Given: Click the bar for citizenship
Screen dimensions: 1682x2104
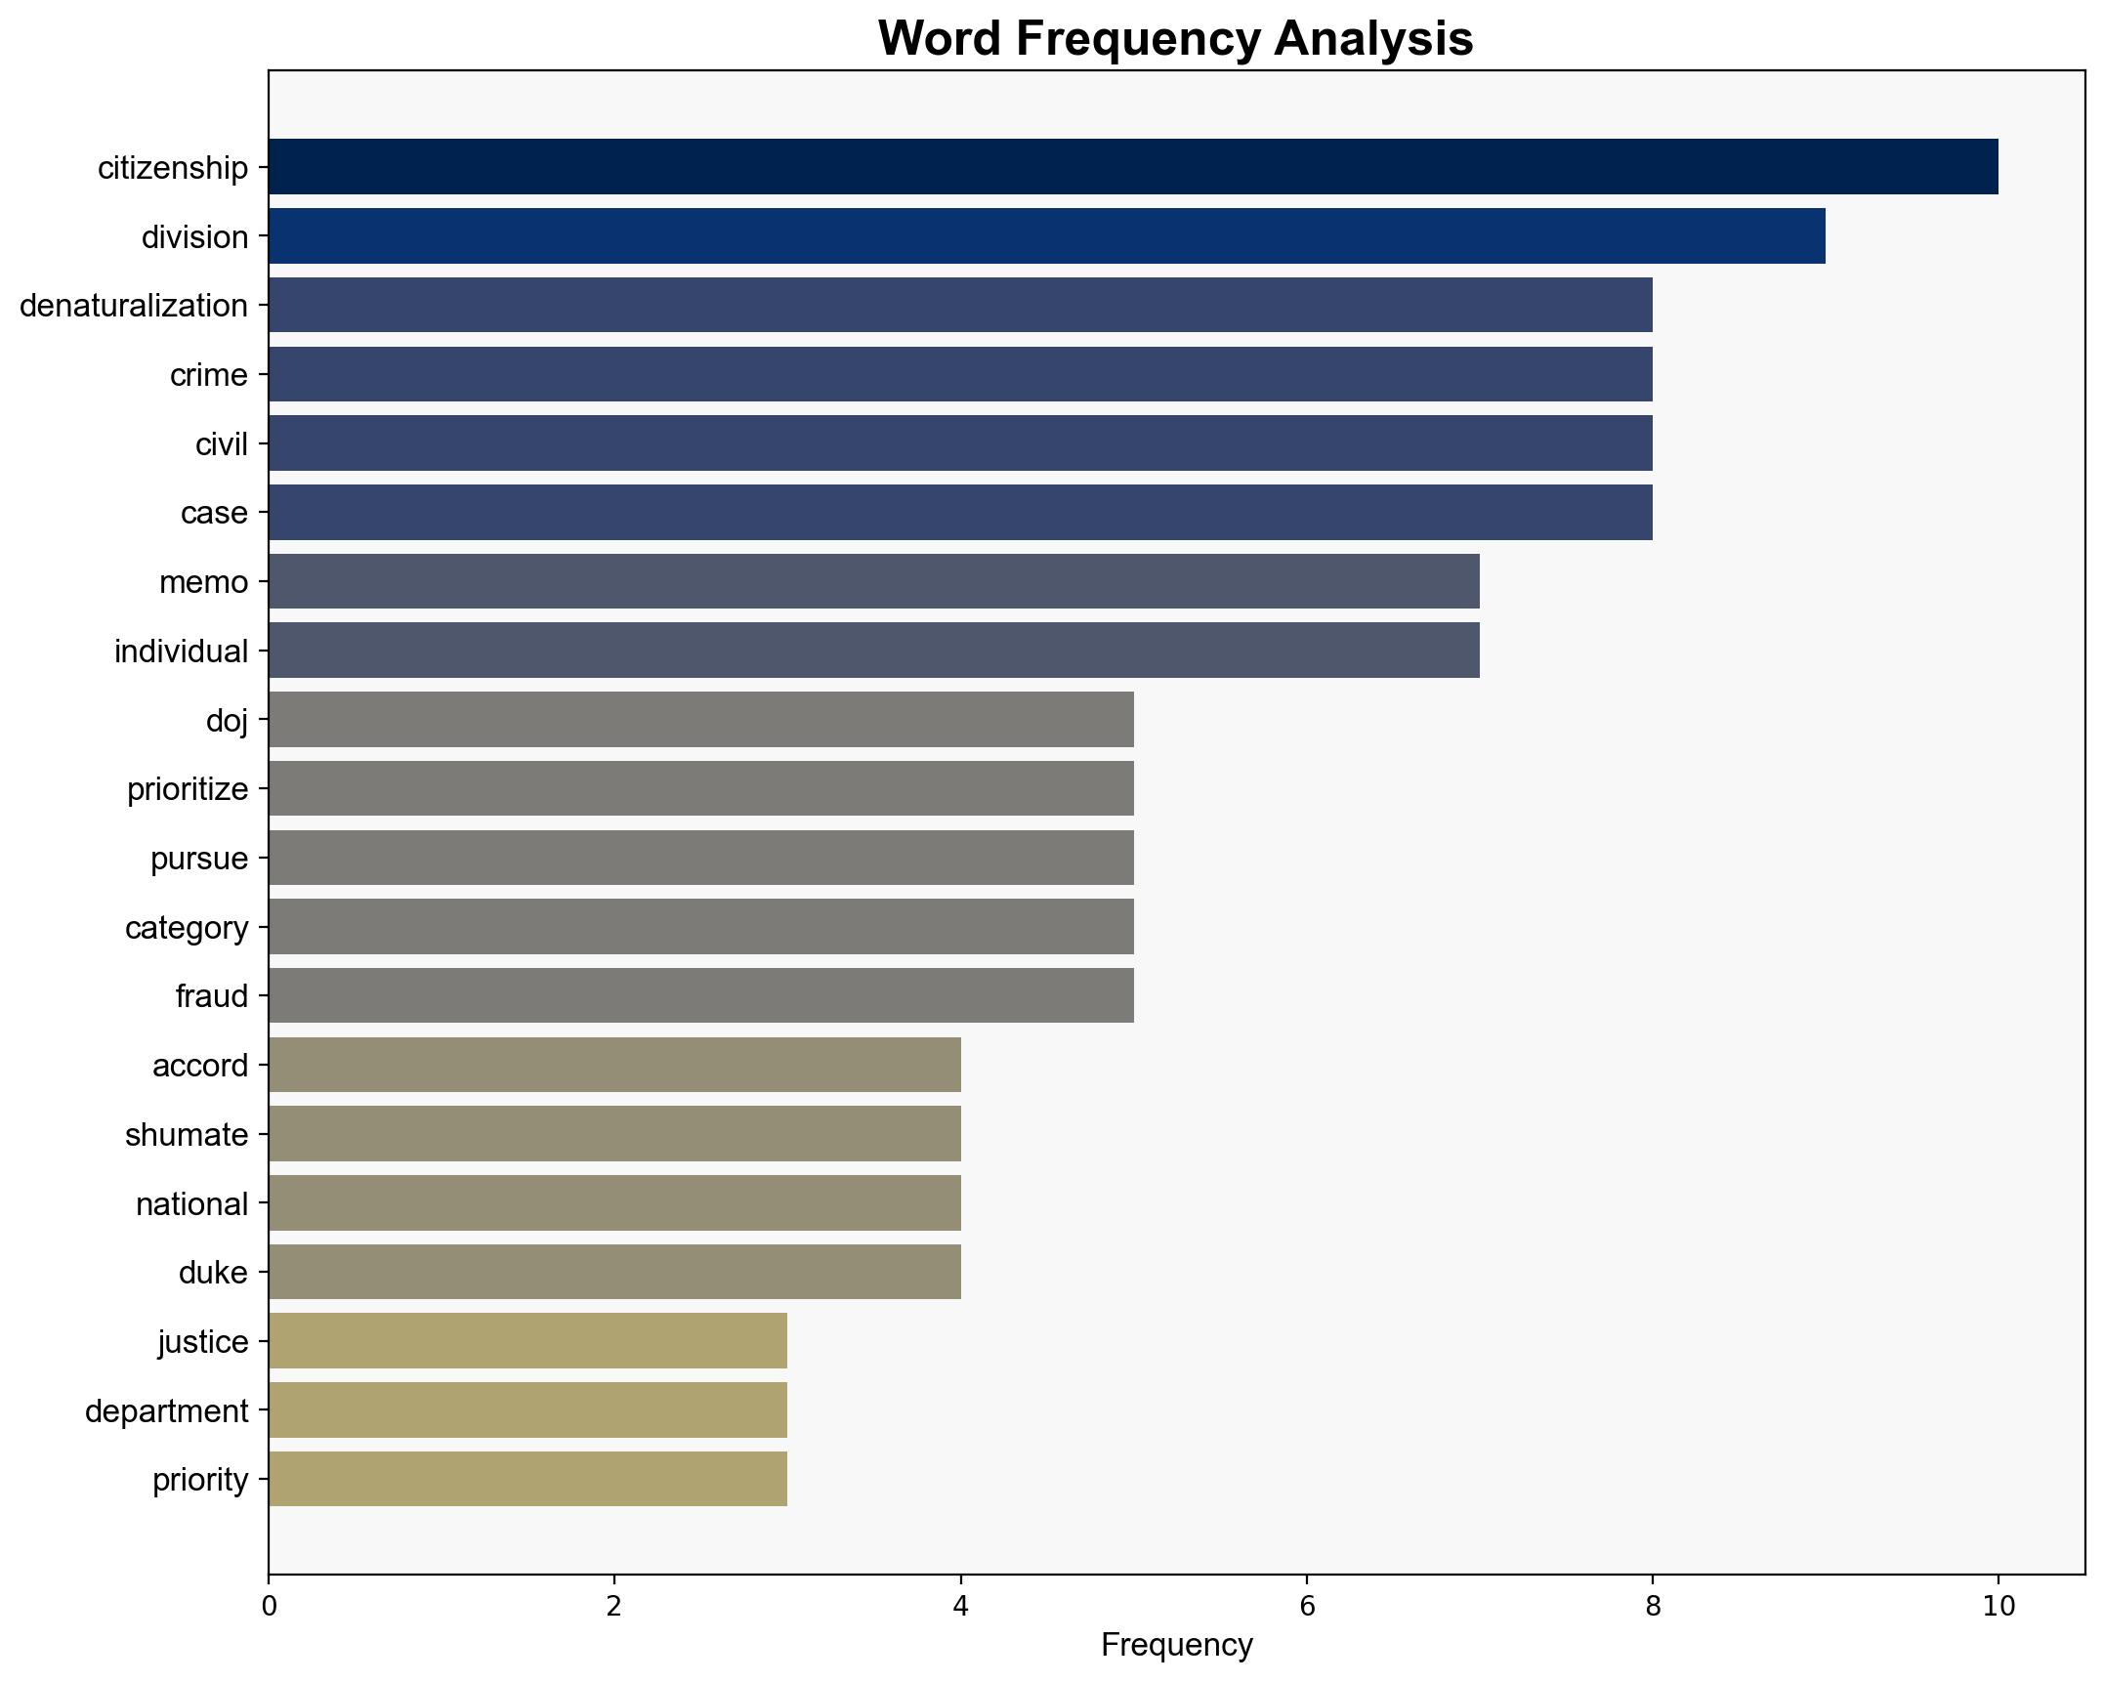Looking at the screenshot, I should [x=1133, y=167].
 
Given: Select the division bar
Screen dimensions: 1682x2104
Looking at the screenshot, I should [x=1046, y=236].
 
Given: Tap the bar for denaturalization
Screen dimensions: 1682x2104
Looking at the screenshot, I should [x=960, y=306].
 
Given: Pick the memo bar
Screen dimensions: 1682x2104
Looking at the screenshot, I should [x=873, y=582].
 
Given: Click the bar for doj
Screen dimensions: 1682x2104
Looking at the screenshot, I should [x=700, y=720].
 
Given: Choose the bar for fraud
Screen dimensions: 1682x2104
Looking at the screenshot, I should [x=700, y=995].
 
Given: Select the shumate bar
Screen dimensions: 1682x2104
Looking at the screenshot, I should [x=614, y=1134].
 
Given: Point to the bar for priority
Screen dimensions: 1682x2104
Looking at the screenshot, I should [x=527, y=1479].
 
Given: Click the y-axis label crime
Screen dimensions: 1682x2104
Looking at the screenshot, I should [x=208, y=375].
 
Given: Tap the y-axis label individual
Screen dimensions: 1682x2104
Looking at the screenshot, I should [x=181, y=652].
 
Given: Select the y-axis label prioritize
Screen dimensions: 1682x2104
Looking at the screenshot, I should [x=188, y=789].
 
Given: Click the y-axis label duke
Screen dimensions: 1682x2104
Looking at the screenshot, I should [x=213, y=1273].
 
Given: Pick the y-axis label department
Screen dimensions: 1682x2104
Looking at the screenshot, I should [x=166, y=1411].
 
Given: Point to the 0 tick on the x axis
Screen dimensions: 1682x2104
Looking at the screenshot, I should [x=269, y=1607].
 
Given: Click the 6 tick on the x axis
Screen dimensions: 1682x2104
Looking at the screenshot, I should [x=1306, y=1607].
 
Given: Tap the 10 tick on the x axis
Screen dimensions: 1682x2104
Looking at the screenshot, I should [x=1999, y=1607].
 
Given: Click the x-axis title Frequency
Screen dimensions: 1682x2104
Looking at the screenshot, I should [x=1176, y=1646].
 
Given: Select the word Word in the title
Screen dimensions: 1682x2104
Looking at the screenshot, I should [x=941, y=39].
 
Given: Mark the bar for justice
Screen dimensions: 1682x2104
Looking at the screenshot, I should [x=527, y=1341].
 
